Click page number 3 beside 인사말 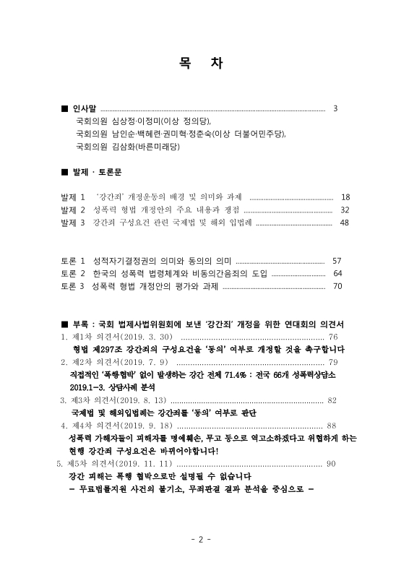point(335,108)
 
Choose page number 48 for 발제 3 point(344,223)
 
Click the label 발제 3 point(74,223)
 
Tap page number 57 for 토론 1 point(337,260)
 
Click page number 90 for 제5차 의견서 point(332,463)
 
